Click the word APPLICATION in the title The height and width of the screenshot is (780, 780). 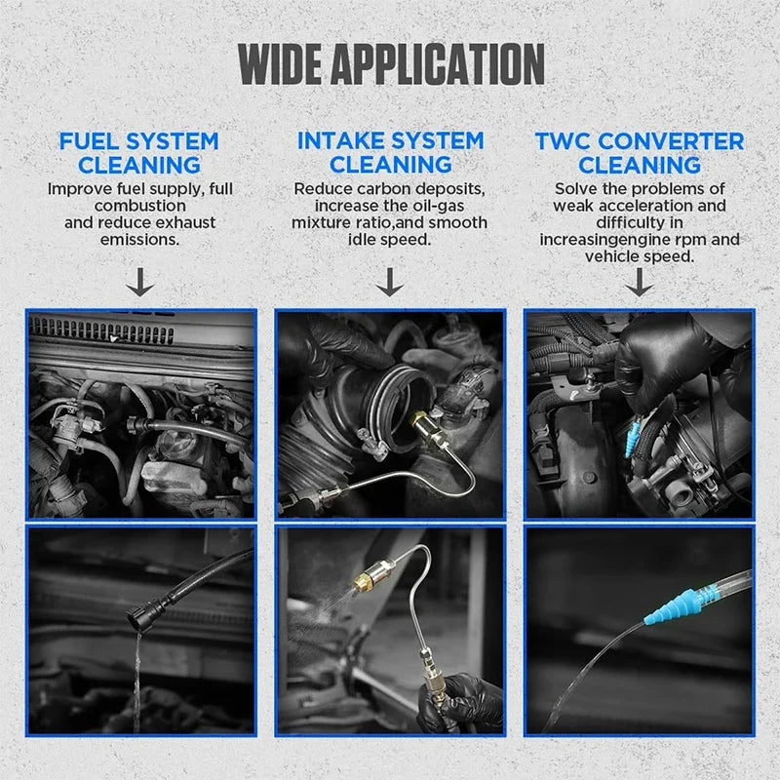[438, 64]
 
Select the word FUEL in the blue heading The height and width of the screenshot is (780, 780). [90, 141]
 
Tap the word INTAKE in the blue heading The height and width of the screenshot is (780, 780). [340, 140]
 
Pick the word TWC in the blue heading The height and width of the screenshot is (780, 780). [564, 141]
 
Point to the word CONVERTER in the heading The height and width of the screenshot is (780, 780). [671, 141]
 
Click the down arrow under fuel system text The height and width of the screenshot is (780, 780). [139, 282]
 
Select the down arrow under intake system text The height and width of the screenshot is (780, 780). [389, 282]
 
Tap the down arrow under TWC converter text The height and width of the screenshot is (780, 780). [639, 282]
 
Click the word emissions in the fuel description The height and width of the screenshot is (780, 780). [139, 240]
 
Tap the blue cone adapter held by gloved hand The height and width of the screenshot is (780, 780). [632, 438]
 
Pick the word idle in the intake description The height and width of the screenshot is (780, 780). [361, 240]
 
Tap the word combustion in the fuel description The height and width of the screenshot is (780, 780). [139, 206]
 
